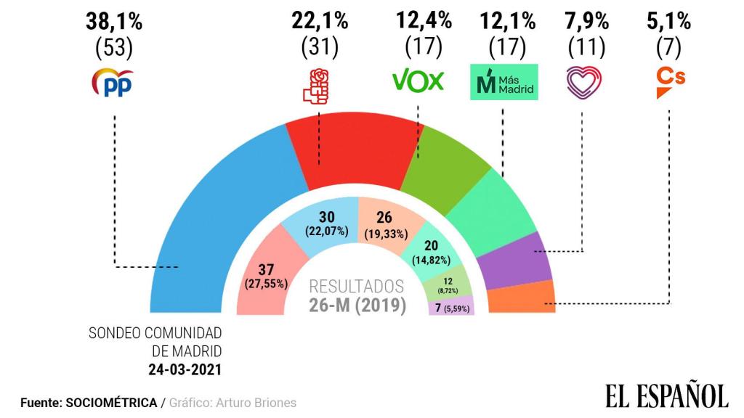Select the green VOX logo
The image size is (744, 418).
[418, 81]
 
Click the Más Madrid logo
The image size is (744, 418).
[504, 82]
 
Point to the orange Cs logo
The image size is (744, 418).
[670, 82]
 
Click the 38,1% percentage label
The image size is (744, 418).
[114, 22]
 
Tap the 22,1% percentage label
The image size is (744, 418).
[320, 22]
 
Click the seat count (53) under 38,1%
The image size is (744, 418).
[114, 48]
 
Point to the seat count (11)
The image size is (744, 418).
[586, 48]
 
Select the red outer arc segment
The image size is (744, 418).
[349, 152]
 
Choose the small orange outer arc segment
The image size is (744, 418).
[522, 298]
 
